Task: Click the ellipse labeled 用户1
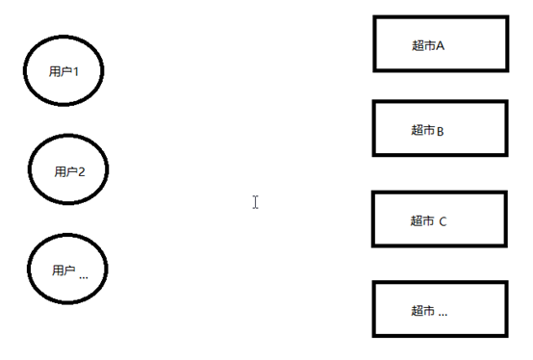click(x=24, y=70)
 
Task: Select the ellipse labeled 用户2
click(x=29, y=169)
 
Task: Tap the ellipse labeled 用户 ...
click(x=28, y=269)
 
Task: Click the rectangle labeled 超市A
click(x=441, y=17)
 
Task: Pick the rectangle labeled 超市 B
click(x=441, y=102)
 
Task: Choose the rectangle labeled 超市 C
click(x=440, y=193)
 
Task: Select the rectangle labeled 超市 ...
click(x=441, y=282)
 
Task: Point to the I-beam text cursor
click(x=255, y=202)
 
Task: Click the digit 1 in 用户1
click(x=76, y=72)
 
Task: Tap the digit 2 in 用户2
click(x=81, y=171)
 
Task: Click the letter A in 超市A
click(x=440, y=45)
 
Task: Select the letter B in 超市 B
click(x=441, y=131)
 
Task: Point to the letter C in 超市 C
click(x=443, y=222)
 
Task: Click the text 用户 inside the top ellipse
click(x=61, y=71)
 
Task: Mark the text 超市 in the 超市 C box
click(x=422, y=221)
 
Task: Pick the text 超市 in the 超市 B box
click(x=423, y=130)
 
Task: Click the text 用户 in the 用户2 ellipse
click(x=65, y=171)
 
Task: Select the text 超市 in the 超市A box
click(x=423, y=45)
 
